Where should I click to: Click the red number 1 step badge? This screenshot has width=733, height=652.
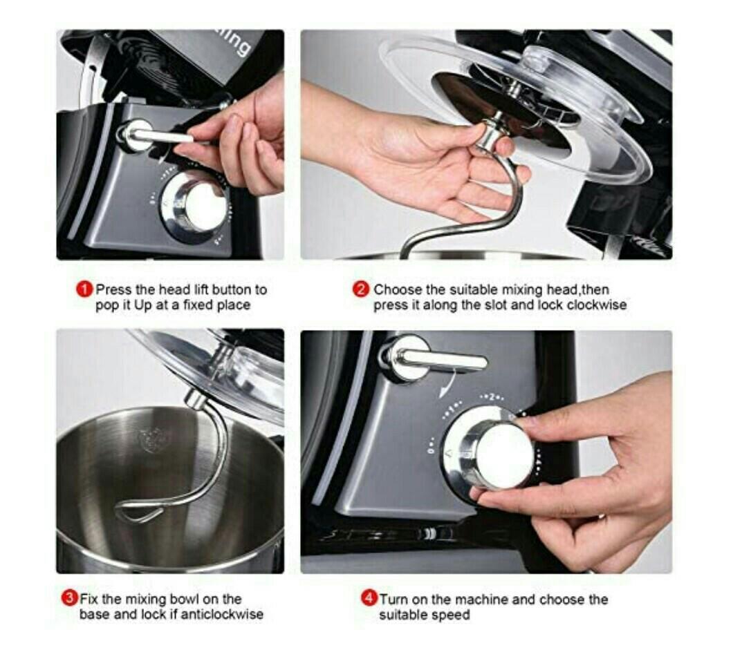pos(84,289)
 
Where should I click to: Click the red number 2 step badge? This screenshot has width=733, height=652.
pos(362,289)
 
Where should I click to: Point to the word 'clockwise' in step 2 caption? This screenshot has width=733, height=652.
pos(597,305)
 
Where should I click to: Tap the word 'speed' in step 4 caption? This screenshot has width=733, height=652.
pos(453,614)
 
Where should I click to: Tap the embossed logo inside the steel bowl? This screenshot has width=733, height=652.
pos(148,437)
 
